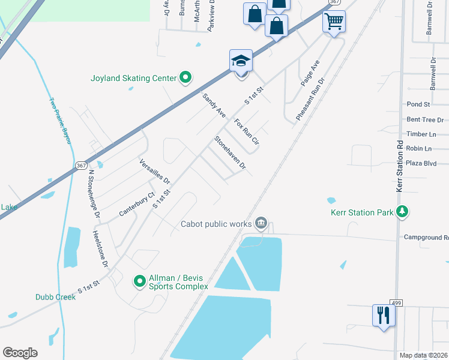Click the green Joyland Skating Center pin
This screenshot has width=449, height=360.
(185, 78)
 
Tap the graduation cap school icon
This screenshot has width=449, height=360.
(241, 61)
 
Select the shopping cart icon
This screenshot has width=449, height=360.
(334, 22)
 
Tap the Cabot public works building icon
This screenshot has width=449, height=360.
(261, 224)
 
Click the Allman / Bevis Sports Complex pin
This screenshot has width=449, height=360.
(139, 281)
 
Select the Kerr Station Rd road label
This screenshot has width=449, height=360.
(399, 166)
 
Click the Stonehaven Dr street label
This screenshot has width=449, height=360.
(231, 152)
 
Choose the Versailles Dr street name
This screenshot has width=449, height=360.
(155, 172)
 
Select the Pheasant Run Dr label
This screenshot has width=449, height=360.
(310, 98)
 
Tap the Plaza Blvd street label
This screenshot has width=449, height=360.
(421, 163)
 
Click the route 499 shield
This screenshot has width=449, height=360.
(396, 302)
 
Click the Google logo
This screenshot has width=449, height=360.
(20, 353)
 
